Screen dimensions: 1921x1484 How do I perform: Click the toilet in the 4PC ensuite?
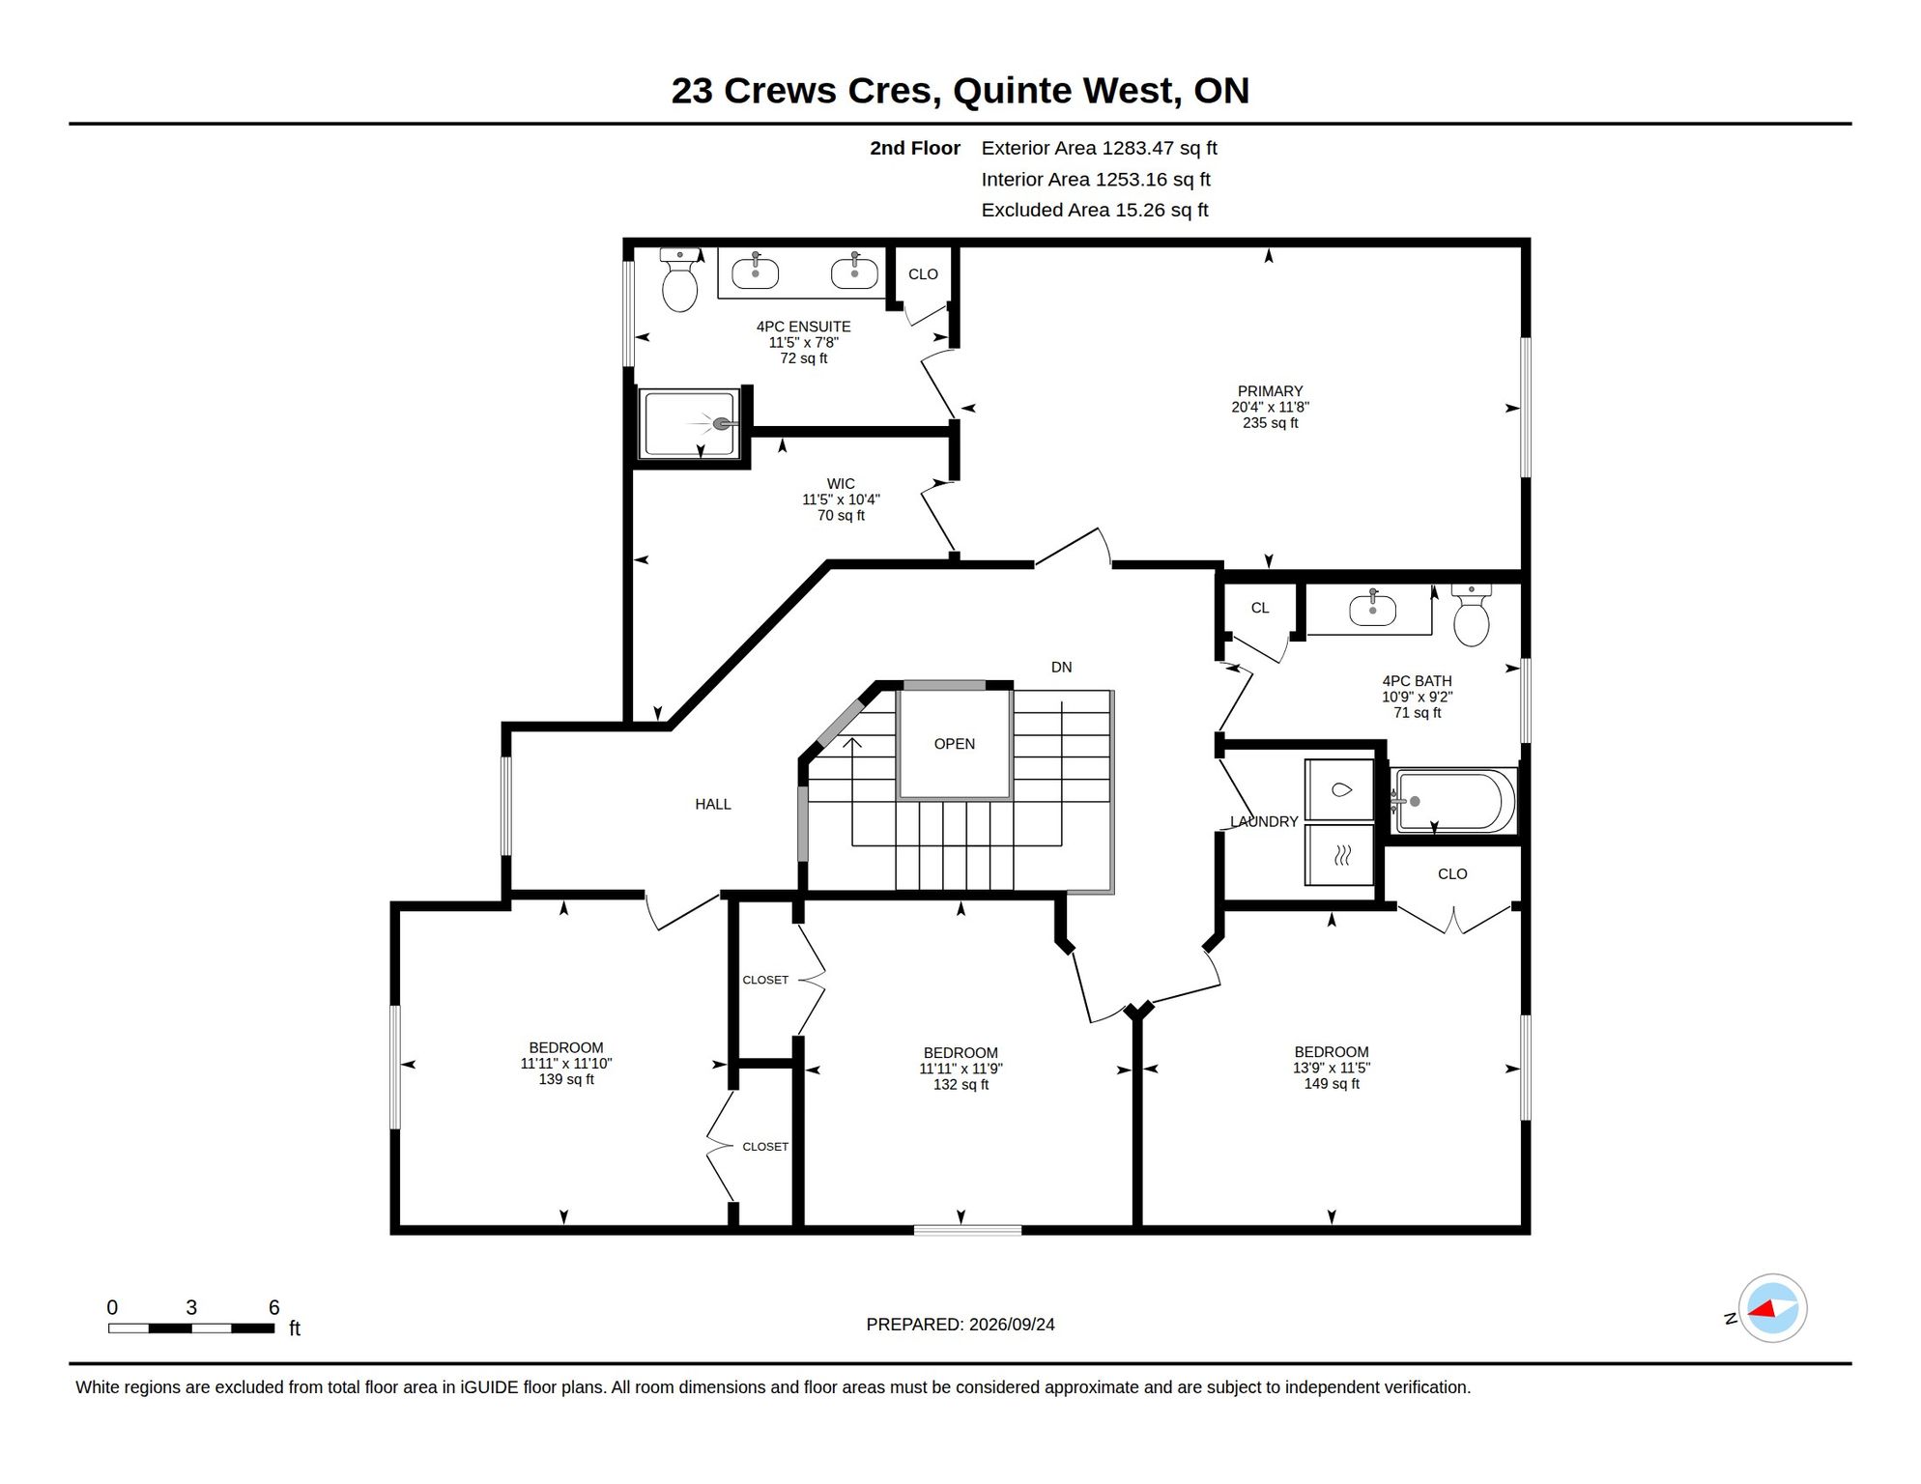click(679, 280)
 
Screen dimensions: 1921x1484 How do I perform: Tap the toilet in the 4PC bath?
click(1471, 615)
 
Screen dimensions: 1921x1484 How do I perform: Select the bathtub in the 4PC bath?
click(1452, 801)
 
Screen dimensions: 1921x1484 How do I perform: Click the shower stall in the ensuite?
click(690, 423)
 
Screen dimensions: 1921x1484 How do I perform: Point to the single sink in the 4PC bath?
click(1372, 610)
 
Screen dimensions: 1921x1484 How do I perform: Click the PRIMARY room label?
click(1270, 391)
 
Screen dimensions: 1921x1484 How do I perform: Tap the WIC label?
click(841, 484)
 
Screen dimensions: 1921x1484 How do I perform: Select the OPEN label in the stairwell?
click(954, 744)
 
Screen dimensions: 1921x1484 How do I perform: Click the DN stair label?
click(1061, 668)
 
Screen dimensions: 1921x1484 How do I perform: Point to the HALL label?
click(713, 804)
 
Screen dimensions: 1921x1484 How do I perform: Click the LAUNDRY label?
click(1264, 822)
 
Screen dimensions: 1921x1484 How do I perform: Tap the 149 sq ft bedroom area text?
click(1332, 1084)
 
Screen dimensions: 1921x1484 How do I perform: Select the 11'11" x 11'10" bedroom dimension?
click(566, 1064)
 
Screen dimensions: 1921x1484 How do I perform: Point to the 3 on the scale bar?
click(191, 1308)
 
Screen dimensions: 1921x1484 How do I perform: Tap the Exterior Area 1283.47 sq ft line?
click(1099, 149)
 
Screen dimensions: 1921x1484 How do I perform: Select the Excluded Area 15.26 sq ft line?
click(1095, 211)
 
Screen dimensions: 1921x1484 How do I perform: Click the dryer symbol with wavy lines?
click(1339, 855)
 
